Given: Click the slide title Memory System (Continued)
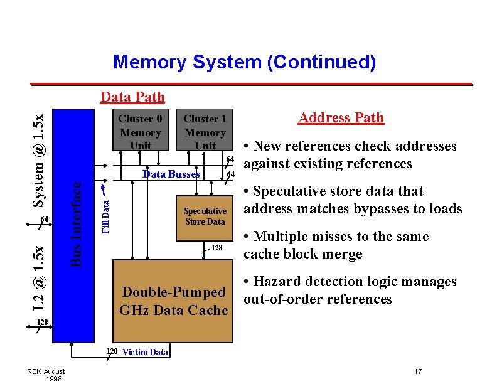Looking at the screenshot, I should (244, 62).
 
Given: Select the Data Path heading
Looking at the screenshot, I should (132, 97).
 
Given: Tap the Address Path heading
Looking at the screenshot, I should (341, 118).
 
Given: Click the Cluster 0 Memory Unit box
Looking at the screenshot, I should (140, 132).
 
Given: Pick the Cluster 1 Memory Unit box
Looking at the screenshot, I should (205, 132).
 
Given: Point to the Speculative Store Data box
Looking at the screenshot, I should (205, 216).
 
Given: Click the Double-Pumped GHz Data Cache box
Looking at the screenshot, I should (173, 301).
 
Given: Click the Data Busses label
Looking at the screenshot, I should (171, 174).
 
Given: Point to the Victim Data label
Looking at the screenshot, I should (145, 352).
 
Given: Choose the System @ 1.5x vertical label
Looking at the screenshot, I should (38, 159).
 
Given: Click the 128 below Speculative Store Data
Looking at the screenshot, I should (216, 248).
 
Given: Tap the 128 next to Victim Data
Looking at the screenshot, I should (112, 351).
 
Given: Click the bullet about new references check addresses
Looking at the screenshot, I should (350, 155).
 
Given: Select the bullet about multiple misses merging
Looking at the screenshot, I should (336, 245).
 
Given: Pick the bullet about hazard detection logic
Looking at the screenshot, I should (350, 291).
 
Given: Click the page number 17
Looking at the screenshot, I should (418, 371).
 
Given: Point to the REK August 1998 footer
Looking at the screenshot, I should (46, 375).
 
